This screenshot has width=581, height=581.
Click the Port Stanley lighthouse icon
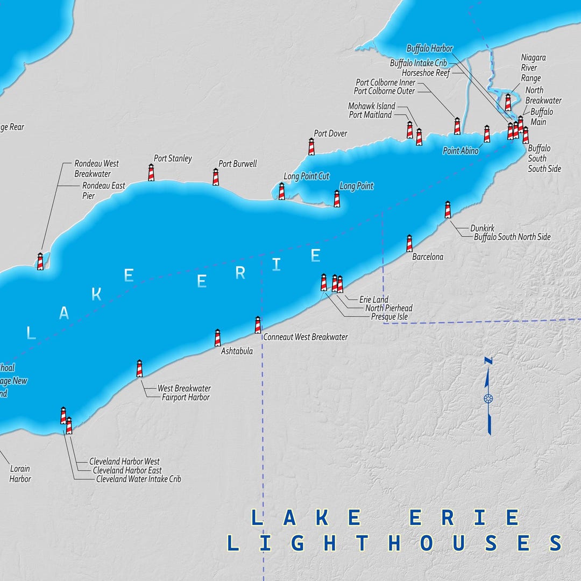coord(151,173)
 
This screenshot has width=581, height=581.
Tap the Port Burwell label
coord(237,164)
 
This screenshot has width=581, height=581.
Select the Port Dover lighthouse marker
coord(311,146)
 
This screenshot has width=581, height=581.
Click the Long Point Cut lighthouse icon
coord(281,191)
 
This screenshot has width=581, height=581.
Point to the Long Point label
coord(356,186)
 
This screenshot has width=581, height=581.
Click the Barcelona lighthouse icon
coord(409,243)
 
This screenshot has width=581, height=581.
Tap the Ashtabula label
coord(237,351)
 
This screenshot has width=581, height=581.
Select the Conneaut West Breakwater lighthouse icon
coord(258,325)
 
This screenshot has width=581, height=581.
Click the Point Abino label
coord(460,151)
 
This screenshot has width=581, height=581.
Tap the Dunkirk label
coord(482,228)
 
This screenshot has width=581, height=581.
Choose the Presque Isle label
coord(389,317)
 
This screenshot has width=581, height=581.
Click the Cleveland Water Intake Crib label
coord(138,479)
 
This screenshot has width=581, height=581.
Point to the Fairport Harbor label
coord(186,398)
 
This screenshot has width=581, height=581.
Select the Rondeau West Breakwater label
coord(96,168)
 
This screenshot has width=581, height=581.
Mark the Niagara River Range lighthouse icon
coord(508,102)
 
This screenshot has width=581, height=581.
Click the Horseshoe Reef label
coord(426,73)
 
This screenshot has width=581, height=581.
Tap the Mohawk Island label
coord(371,106)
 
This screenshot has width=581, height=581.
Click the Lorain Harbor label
coord(20,474)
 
